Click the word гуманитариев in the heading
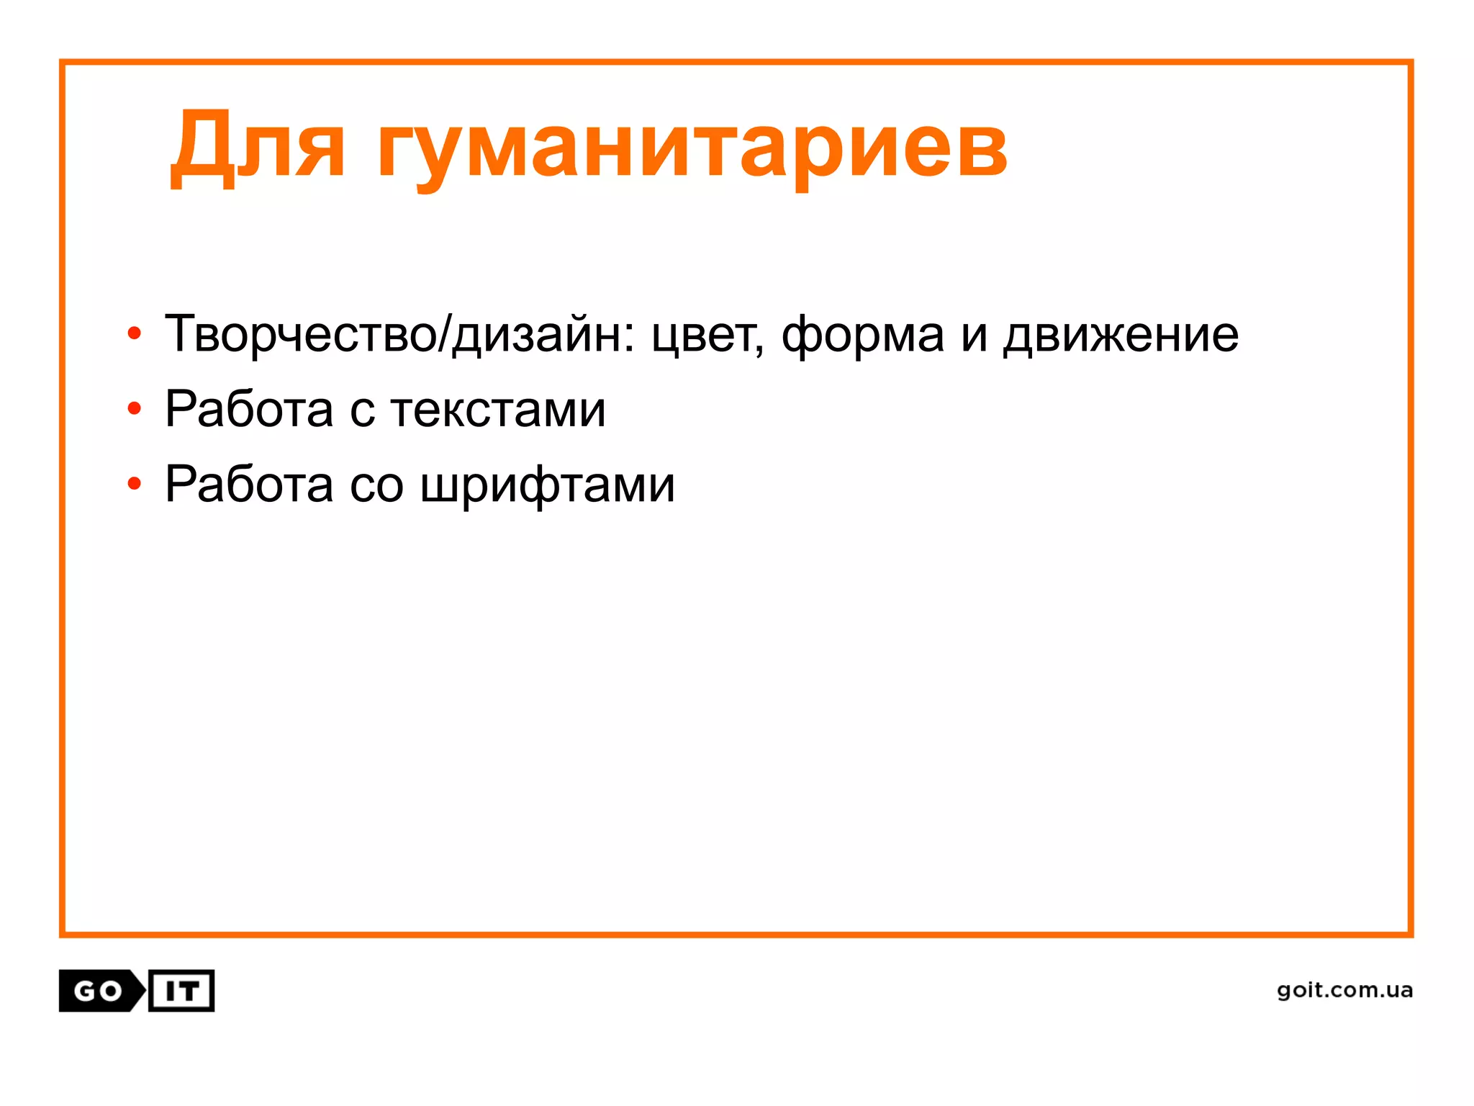pyautogui.click(x=692, y=151)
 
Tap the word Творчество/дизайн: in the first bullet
pyautogui.click(x=400, y=334)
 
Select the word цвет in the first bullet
pyautogui.click(x=705, y=336)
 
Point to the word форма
pyautogui.click(x=862, y=336)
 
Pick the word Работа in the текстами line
pyautogui.click(x=249, y=409)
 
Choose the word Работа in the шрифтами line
pyautogui.click(x=249, y=484)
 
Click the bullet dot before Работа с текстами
pyautogui.click(x=134, y=409)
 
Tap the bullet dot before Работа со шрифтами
pyautogui.click(x=134, y=484)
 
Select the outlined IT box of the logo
pyautogui.click(x=181, y=992)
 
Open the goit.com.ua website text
pyautogui.click(x=1344, y=991)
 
